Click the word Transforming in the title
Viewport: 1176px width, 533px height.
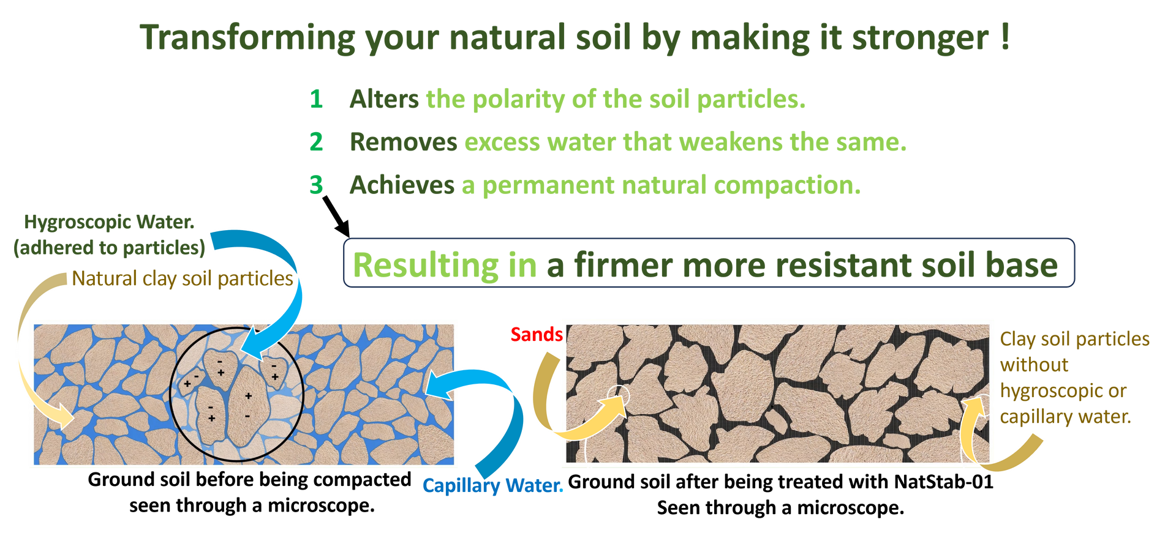(247, 38)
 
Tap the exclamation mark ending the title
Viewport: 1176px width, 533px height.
(1005, 37)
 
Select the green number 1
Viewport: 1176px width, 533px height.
(316, 99)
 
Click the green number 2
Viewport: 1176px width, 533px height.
(316, 142)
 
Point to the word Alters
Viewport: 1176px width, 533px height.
(384, 99)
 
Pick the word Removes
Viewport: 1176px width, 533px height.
(404, 142)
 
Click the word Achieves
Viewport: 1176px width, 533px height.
(402, 185)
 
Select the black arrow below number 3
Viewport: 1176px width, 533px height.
(336, 217)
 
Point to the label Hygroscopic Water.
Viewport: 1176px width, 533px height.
(109, 222)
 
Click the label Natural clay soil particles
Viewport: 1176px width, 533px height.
(183, 279)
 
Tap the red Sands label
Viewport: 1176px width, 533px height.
(537, 334)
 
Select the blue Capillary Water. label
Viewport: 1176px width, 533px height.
(492, 486)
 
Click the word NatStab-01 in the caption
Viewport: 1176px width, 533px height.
(943, 482)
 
